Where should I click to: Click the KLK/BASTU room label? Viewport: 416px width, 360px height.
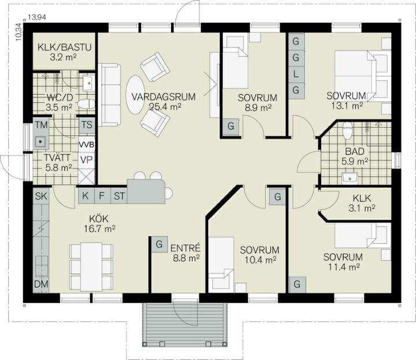click(x=65, y=47)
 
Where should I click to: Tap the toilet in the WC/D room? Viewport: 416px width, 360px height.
click(x=86, y=104)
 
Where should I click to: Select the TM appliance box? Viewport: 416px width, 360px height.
click(x=41, y=125)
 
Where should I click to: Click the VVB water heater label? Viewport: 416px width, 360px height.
click(x=87, y=145)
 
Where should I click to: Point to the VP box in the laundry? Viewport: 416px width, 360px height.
click(x=87, y=160)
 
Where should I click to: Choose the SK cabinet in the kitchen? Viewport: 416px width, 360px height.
click(x=41, y=196)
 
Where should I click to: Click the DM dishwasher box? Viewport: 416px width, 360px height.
click(x=41, y=284)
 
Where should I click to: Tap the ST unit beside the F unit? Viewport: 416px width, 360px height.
click(x=119, y=196)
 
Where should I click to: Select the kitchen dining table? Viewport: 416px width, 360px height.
click(x=91, y=266)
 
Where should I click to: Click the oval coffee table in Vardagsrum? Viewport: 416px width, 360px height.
click(x=136, y=95)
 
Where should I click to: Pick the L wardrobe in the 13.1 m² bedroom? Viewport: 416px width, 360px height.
click(x=296, y=74)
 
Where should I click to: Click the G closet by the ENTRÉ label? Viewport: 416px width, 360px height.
click(x=159, y=244)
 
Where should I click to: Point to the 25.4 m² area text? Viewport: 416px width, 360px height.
click(x=165, y=107)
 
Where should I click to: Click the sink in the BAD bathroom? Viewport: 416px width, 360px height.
click(x=350, y=178)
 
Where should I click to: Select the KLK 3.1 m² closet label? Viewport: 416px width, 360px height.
click(x=362, y=198)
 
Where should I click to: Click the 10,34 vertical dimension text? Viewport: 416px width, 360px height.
click(x=18, y=32)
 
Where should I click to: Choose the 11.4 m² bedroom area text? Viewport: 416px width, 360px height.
click(x=344, y=267)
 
